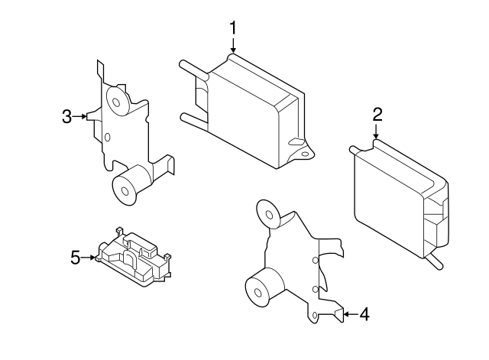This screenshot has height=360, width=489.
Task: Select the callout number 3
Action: (x=67, y=116)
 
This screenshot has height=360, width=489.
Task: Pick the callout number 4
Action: (x=364, y=313)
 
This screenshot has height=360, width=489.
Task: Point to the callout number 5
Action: (x=76, y=258)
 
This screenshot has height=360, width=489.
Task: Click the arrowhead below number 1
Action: (x=234, y=51)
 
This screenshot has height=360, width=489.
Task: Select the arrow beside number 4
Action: (x=348, y=313)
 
